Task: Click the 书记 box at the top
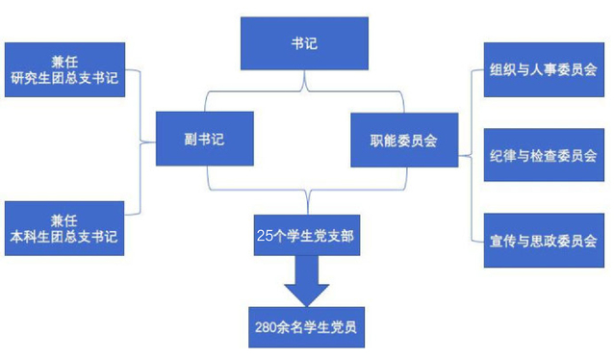[x=304, y=43]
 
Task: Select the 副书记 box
[x=204, y=139]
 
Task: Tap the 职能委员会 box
[x=404, y=141]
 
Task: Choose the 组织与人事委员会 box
[x=544, y=69]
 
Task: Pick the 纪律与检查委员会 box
[x=544, y=155]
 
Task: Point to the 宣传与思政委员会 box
[x=544, y=241]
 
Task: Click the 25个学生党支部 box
[x=307, y=235]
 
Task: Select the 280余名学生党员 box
[x=306, y=327]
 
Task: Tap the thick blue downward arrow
[x=307, y=281]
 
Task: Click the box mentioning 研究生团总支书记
[x=64, y=69]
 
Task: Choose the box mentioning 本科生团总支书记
[x=64, y=228]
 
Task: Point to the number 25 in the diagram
[x=265, y=236]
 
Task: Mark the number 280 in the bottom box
[x=266, y=327]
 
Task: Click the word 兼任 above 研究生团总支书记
[x=64, y=62]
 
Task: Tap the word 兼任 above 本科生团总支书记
[x=64, y=220]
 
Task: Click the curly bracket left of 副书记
[x=141, y=142]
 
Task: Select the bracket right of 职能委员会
[x=472, y=156]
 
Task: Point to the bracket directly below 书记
[x=304, y=91]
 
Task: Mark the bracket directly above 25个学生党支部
[x=307, y=190]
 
